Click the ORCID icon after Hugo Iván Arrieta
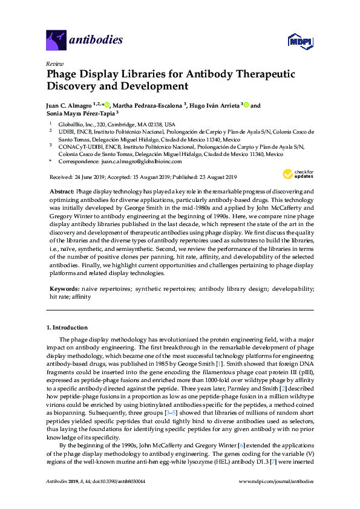click(x=246, y=105)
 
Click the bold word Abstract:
click(x=62, y=191)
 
